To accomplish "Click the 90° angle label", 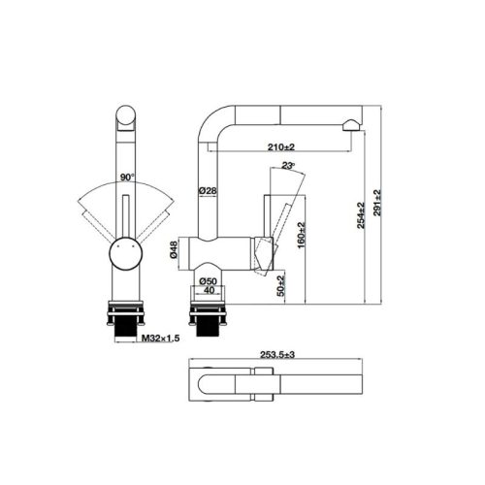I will tap(125, 178).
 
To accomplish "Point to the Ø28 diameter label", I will tap(207, 191).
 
